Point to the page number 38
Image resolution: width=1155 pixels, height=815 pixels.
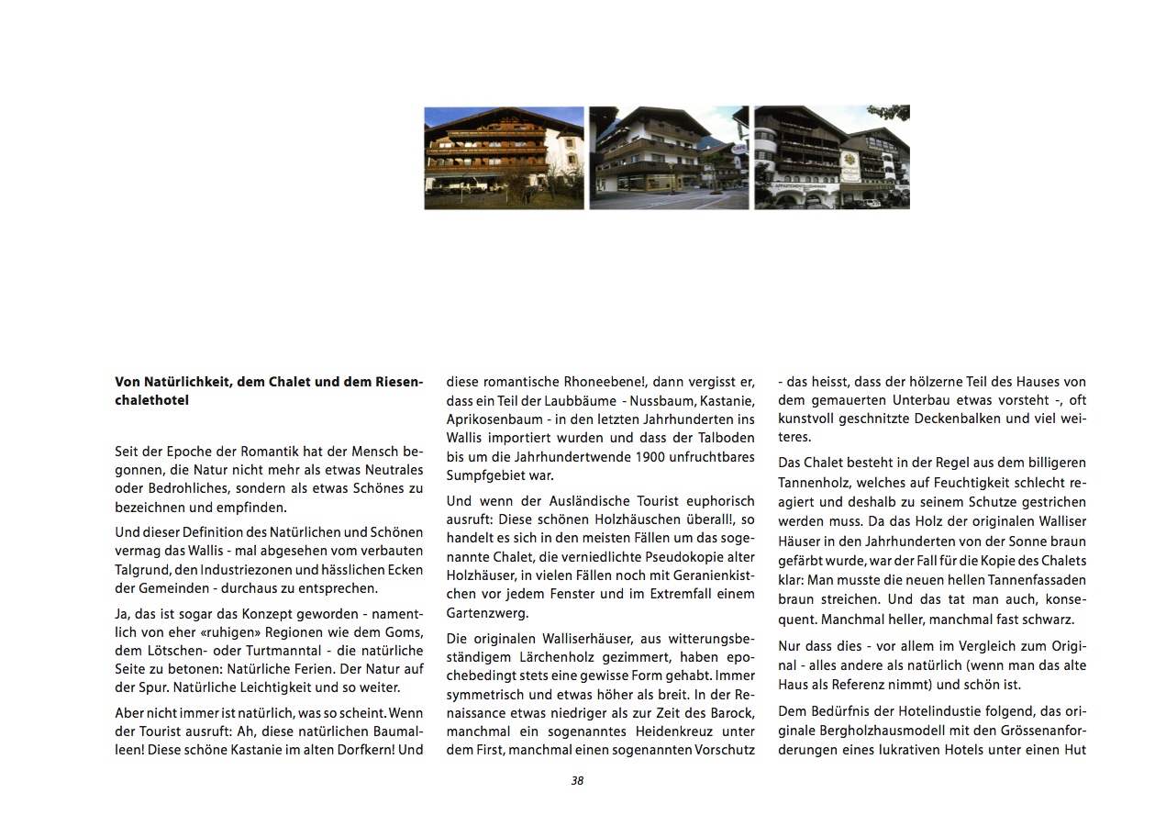[x=577, y=781]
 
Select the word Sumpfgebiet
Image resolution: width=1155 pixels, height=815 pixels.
[x=487, y=474]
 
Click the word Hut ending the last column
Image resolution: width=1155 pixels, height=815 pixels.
[x=1075, y=750]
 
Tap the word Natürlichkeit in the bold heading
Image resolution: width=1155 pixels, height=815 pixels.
[x=175, y=383]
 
